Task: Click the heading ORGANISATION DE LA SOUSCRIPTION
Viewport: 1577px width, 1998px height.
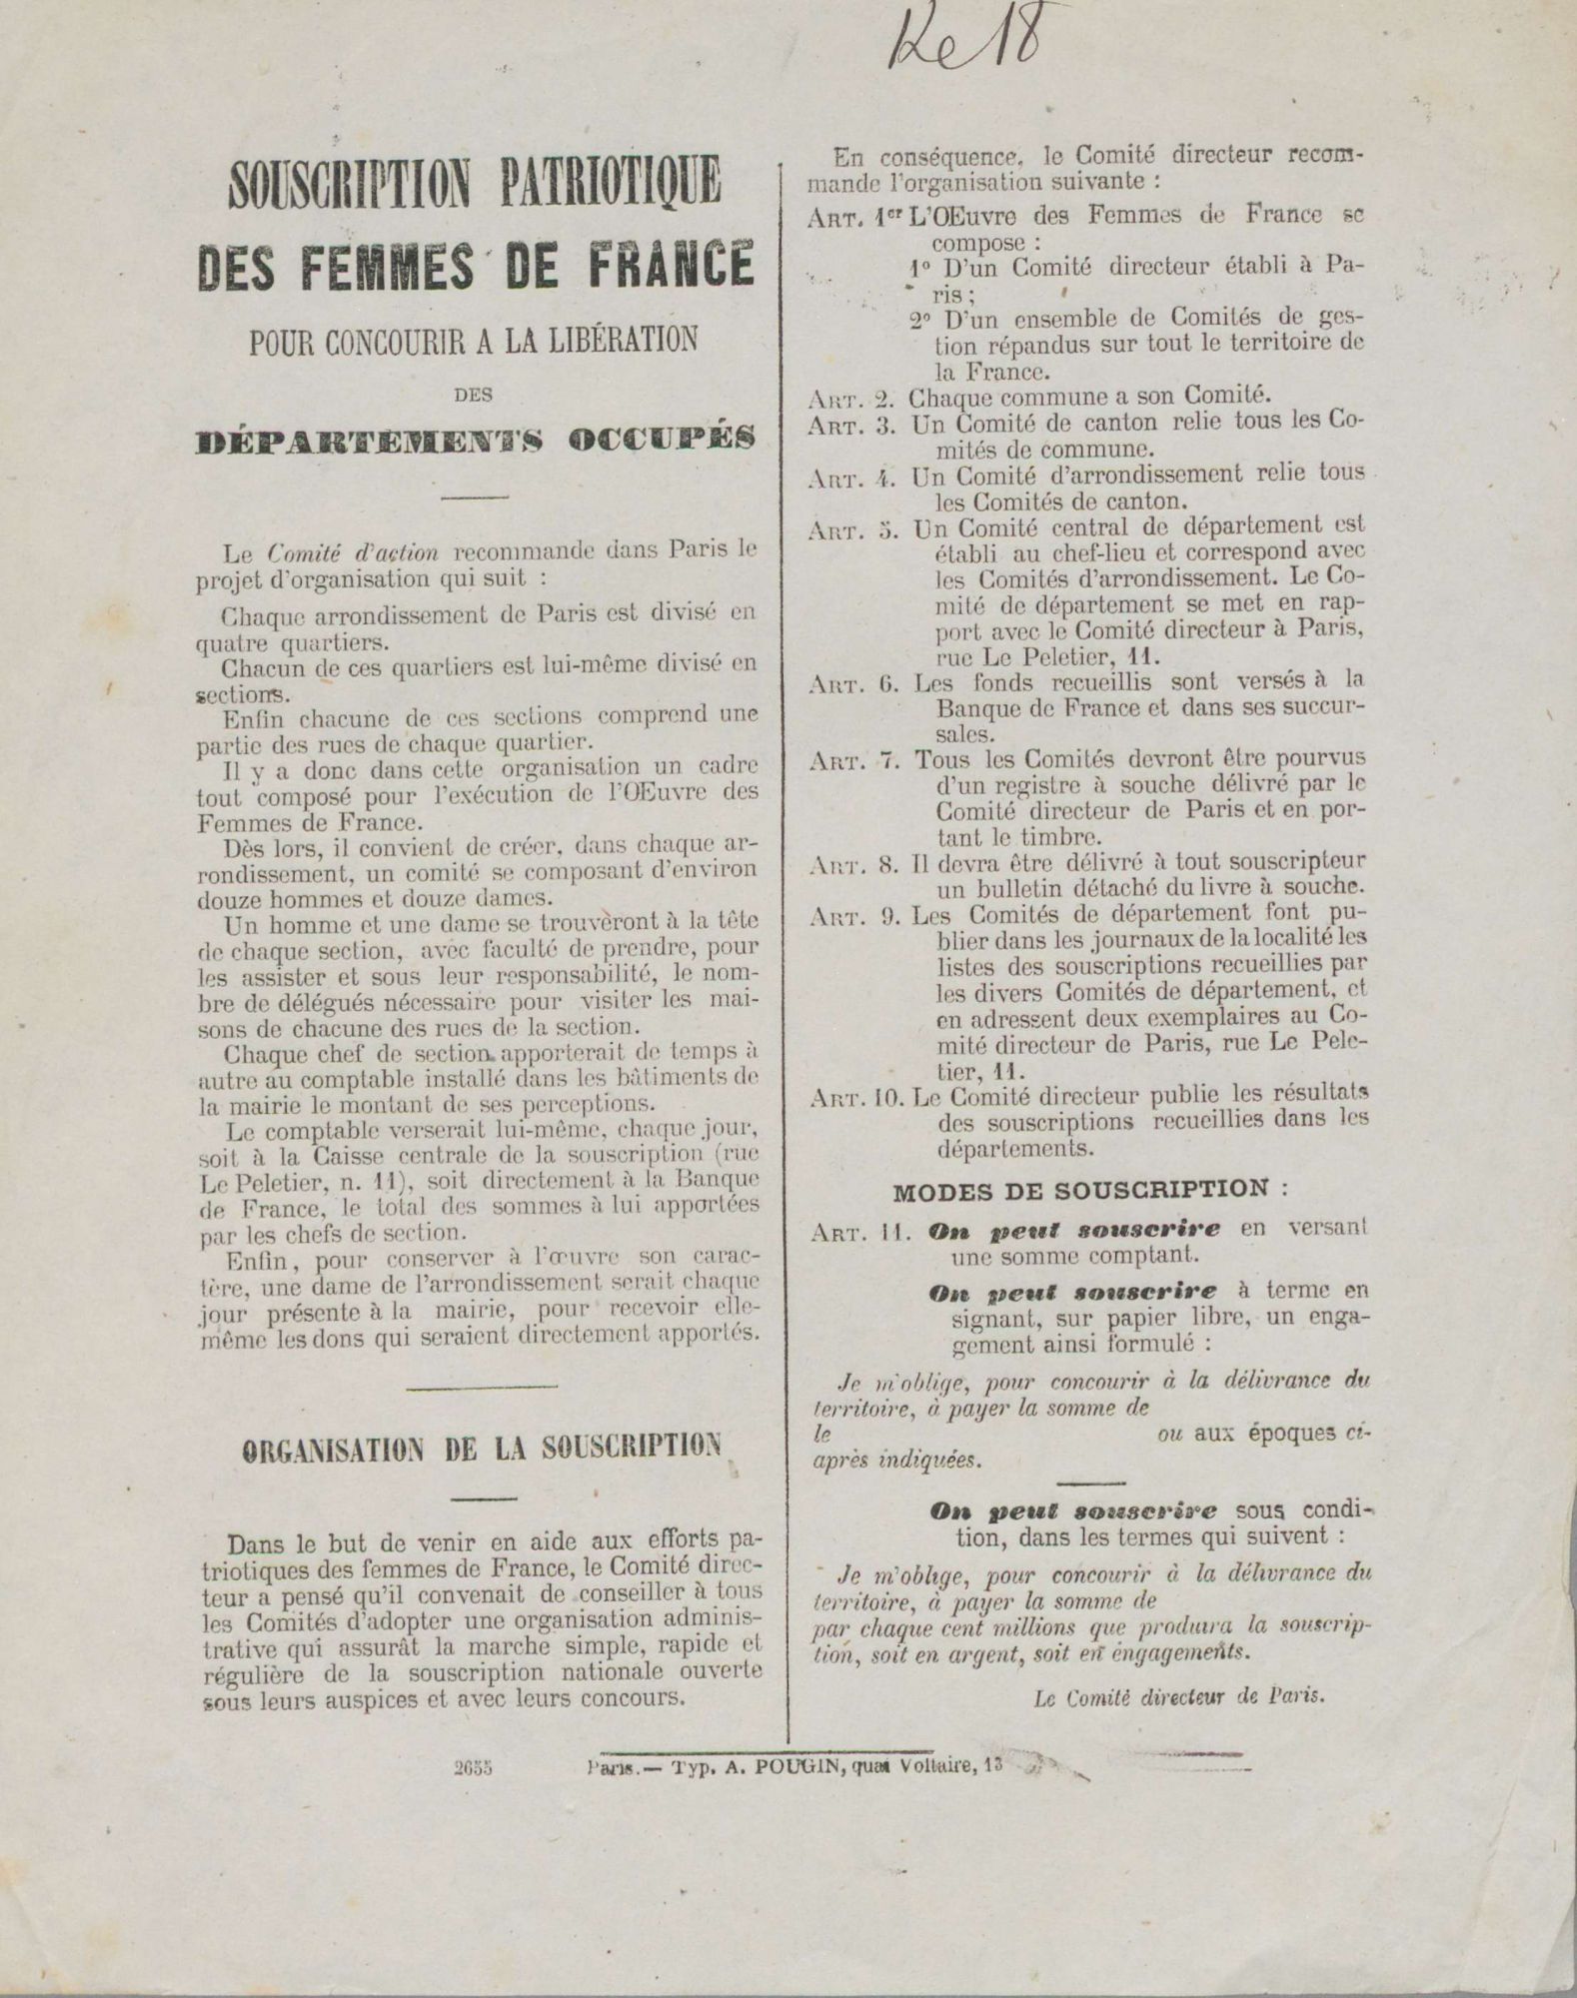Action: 483,1449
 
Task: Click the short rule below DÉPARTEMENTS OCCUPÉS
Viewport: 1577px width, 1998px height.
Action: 475,497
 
